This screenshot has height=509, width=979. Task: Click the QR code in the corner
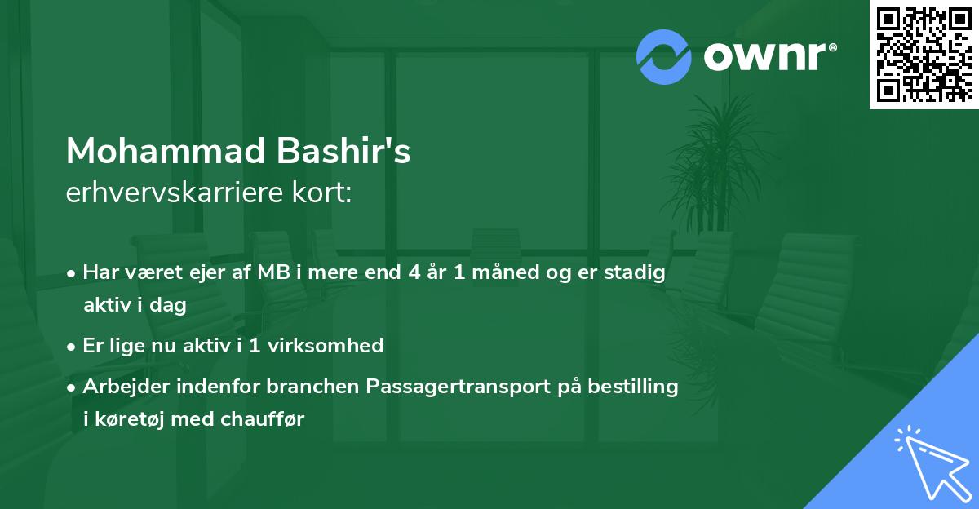[x=924, y=55]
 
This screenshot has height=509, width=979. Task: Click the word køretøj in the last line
[x=131, y=419]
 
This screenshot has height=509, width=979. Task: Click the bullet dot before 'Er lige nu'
[x=73, y=346]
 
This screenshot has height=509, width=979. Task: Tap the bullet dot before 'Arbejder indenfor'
[x=73, y=387]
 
